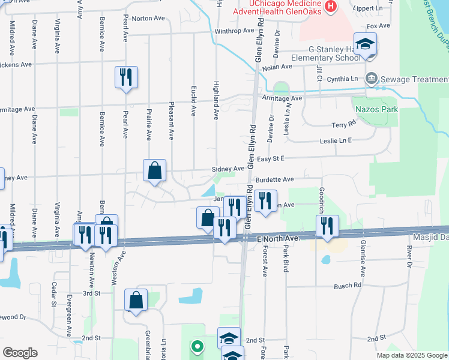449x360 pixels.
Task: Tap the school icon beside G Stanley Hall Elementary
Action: pos(365,44)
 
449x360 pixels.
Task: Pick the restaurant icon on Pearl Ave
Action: pos(126,77)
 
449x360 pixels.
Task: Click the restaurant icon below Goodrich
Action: pos(327,226)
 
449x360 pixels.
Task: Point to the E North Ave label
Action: pos(277,239)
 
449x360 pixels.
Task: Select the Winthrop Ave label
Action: pos(235,31)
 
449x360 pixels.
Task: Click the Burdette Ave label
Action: pos(275,179)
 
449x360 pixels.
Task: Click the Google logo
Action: pos(20,353)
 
